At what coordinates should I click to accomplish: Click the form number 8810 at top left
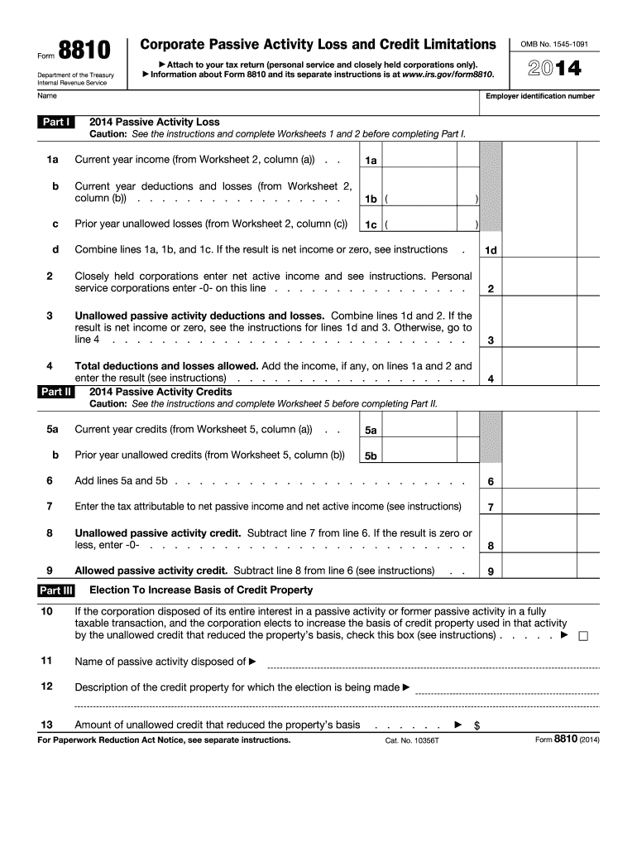tap(84, 52)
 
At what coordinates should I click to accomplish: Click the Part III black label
tap(56, 590)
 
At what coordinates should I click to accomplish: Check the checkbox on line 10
tap(582, 636)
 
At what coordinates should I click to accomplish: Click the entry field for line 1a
tap(431, 160)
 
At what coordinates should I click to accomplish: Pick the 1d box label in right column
tap(491, 251)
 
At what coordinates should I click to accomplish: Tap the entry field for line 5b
tap(431, 456)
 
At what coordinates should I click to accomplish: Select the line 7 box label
tap(491, 508)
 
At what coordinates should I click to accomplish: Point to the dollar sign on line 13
tap(477, 725)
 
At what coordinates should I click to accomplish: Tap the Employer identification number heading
tap(539, 97)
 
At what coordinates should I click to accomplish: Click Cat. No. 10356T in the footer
tap(412, 740)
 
